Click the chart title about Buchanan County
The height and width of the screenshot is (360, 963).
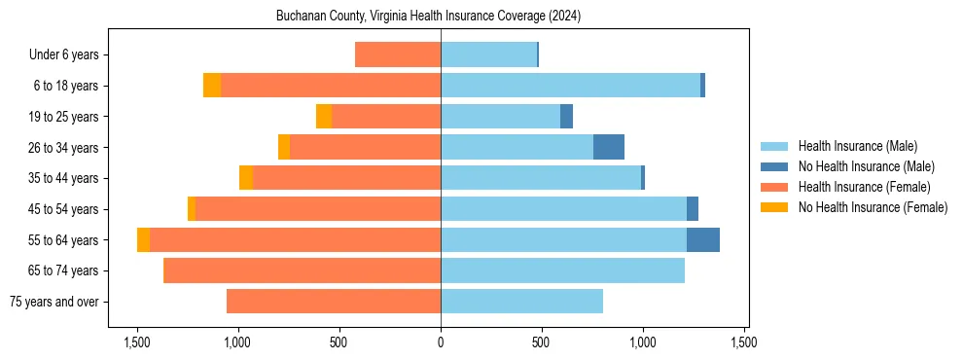tap(428, 16)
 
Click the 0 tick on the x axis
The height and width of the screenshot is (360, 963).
tap(441, 342)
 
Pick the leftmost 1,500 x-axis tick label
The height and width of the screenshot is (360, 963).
tap(137, 342)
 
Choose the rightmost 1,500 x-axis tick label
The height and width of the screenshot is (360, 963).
tap(744, 342)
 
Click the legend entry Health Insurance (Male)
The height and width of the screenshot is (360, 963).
tap(857, 146)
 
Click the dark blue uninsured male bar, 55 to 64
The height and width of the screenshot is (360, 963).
tap(703, 239)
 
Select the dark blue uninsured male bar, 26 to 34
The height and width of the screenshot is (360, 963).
tap(609, 147)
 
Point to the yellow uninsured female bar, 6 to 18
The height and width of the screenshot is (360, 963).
tap(212, 86)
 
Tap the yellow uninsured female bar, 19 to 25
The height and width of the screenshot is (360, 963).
tap(324, 117)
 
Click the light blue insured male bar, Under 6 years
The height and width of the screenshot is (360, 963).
tap(488, 54)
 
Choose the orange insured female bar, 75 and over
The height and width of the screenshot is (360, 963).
tap(334, 302)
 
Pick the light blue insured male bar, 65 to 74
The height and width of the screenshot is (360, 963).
tap(562, 270)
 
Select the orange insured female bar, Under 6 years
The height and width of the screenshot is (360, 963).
tap(398, 54)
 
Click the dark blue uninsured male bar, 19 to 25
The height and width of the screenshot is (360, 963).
tap(567, 117)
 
